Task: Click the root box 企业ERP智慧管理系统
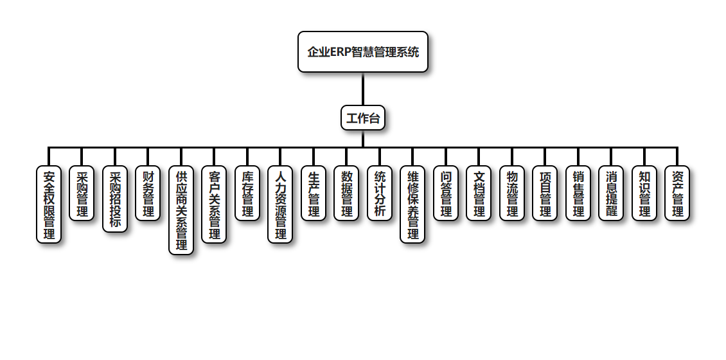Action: pos(363,52)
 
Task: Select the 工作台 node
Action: pos(363,118)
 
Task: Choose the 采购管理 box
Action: pos(82,194)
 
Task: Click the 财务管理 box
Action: pos(148,194)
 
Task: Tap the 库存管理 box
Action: pos(247,194)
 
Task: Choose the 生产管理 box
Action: pos(314,194)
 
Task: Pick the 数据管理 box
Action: pos(346,194)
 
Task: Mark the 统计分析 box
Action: pos(380,194)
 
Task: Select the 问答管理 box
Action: pos(446,194)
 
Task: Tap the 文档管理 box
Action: pos(479,194)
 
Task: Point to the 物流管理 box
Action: pos(512,194)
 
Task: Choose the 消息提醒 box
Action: pos(611,194)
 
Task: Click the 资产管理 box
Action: pos(677,194)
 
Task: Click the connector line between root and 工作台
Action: pos(363,89)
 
